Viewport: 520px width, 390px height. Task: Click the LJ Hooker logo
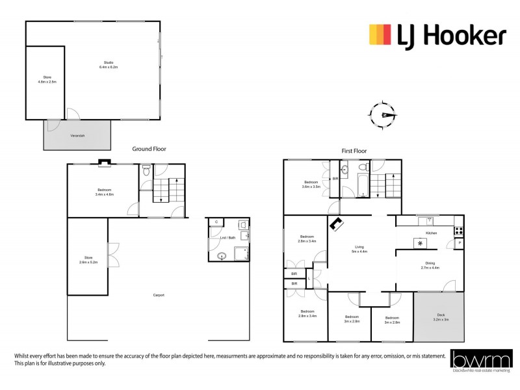(437, 35)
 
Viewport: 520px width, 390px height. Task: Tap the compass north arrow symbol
(385, 115)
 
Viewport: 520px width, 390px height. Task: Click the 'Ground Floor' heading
(149, 149)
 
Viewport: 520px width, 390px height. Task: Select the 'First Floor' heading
(354, 151)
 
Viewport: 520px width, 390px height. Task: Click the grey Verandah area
(77, 135)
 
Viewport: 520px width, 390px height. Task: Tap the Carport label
(159, 295)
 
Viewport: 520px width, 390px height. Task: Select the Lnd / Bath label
(227, 238)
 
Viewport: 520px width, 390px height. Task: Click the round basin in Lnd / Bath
(222, 255)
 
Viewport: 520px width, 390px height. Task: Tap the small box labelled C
(215, 222)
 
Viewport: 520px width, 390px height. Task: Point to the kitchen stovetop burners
(458, 230)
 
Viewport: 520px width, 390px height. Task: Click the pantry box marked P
(460, 244)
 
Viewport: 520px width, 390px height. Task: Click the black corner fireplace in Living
(337, 225)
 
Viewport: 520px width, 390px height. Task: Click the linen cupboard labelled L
(309, 279)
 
